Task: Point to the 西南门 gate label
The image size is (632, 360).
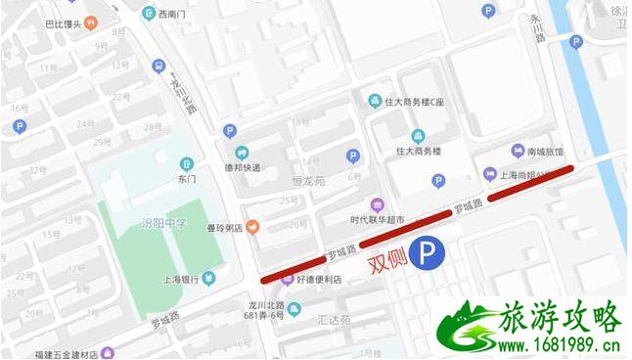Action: click(169, 14)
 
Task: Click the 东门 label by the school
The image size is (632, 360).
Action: click(187, 179)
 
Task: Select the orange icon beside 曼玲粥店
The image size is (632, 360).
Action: click(252, 227)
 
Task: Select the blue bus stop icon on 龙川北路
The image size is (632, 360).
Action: click(158, 66)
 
